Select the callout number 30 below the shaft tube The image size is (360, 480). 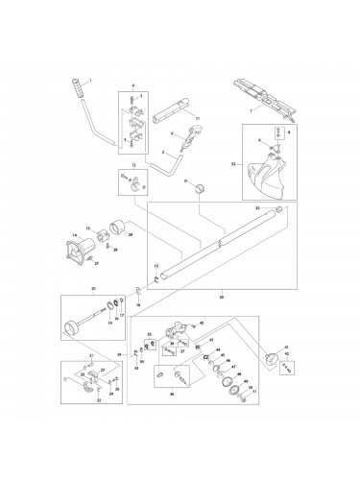coord(223,297)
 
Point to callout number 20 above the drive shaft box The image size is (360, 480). coord(93,289)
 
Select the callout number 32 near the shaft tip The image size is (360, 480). coord(256,207)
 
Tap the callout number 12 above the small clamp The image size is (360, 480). coord(132,166)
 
